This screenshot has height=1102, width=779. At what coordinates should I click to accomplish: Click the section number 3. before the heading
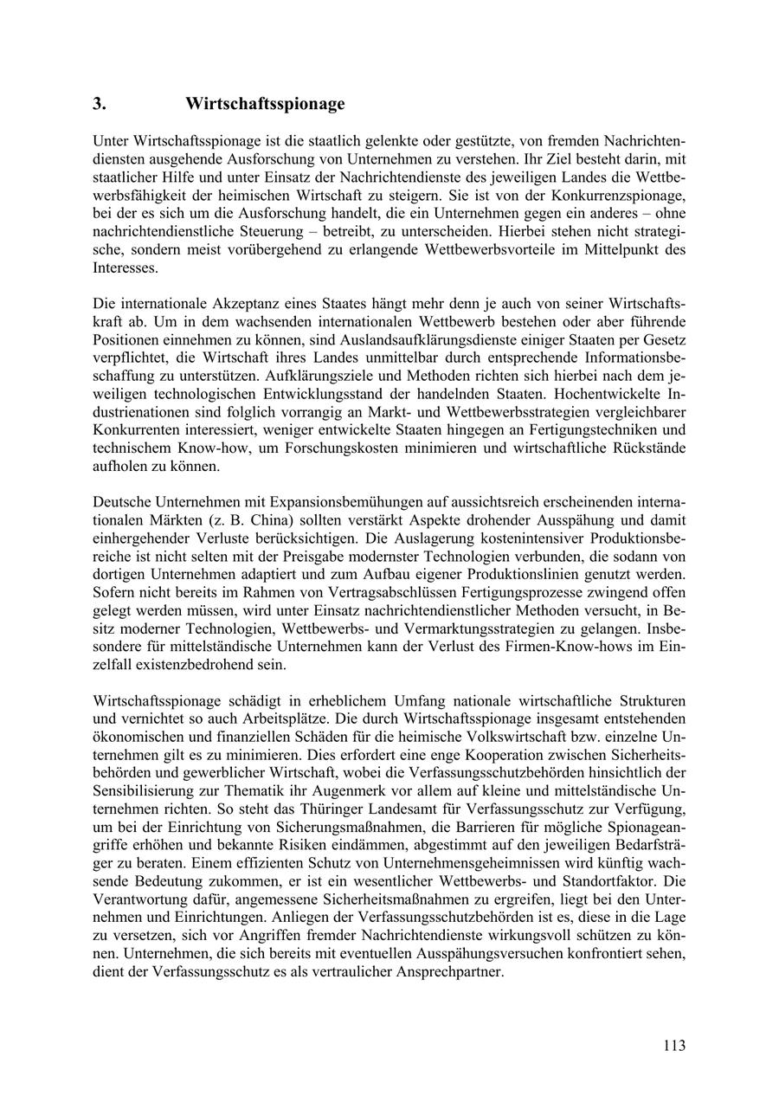click(x=100, y=104)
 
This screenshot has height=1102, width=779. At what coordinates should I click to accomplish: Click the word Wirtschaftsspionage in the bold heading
click(x=265, y=104)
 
